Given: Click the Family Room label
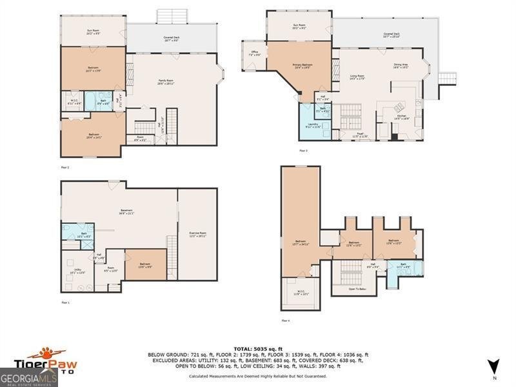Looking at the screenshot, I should (x=167, y=81).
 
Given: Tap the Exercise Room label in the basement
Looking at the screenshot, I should (x=197, y=233).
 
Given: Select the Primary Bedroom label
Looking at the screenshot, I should (x=303, y=66).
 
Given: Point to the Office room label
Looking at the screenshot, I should (x=255, y=54).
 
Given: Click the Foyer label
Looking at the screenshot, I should (x=359, y=135).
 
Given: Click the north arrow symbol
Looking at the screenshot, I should (x=493, y=366).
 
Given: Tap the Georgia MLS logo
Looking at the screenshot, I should (x=29, y=377).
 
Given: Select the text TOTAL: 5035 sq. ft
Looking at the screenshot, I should (x=257, y=348).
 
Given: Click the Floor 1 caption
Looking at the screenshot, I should (x=64, y=302).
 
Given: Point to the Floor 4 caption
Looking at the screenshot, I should (x=286, y=320).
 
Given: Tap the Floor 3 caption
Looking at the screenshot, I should (x=303, y=150).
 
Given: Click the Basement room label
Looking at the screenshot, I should (x=108, y=212).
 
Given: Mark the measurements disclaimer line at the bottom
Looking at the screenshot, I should (x=257, y=375).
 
